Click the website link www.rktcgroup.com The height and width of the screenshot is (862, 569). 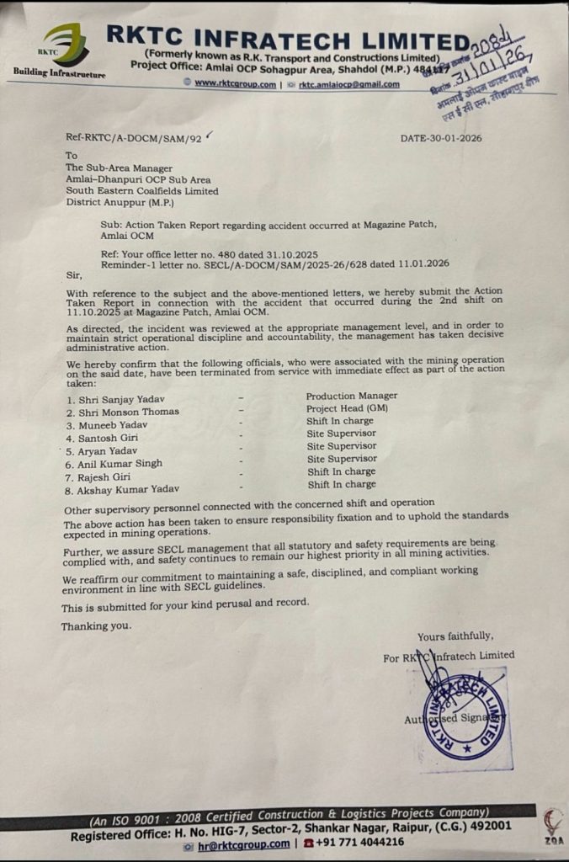pyautogui.click(x=234, y=83)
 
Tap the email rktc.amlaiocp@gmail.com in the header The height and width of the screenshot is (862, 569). pyautogui.click(x=348, y=84)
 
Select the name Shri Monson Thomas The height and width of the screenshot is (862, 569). pyautogui.click(x=125, y=412)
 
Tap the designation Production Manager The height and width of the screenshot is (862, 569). pyautogui.click(x=351, y=395)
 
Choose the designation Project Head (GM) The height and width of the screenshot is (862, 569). pyautogui.click(x=347, y=407)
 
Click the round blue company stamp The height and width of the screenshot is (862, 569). pyautogui.click(x=465, y=716)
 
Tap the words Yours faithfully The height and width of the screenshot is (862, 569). pyautogui.click(x=455, y=636)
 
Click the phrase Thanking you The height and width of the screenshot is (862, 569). pyautogui.click(x=96, y=625)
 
